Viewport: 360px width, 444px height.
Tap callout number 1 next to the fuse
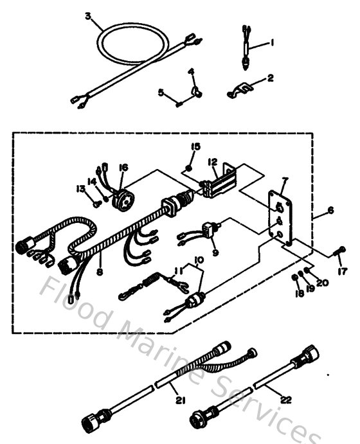tap(272, 42)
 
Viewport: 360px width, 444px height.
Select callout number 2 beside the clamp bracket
tap(270, 78)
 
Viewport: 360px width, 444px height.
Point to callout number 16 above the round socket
tap(123, 167)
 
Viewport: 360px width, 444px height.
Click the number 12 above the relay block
tap(213, 162)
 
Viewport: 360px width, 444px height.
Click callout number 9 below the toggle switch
tap(215, 253)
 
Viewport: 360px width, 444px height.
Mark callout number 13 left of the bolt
tap(80, 188)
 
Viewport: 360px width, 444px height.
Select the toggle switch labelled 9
tap(211, 228)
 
